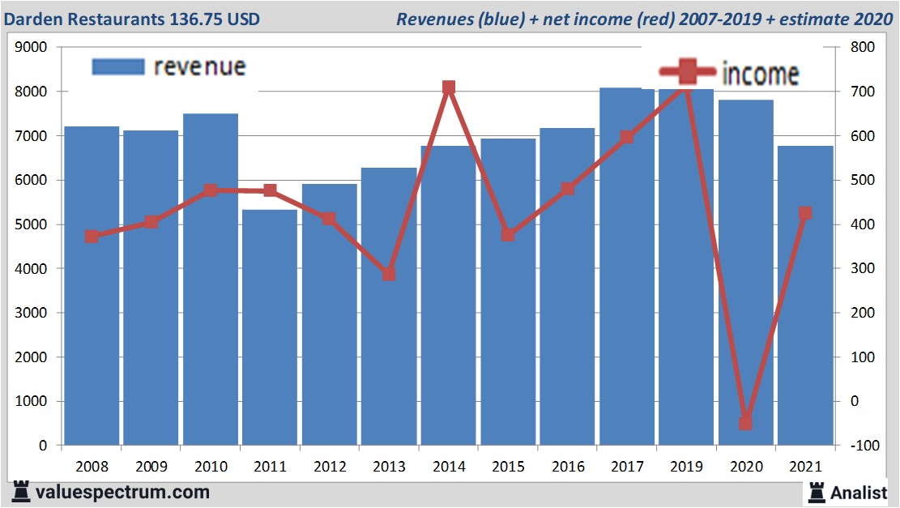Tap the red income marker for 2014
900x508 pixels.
click(449, 88)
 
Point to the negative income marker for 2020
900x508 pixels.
click(745, 423)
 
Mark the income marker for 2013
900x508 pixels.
click(389, 274)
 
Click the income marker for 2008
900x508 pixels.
click(92, 237)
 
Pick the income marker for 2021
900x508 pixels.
click(805, 214)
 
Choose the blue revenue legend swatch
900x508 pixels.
click(118, 66)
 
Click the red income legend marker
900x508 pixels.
click(687, 72)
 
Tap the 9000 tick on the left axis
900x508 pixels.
click(34, 48)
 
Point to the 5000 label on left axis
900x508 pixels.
click(34, 224)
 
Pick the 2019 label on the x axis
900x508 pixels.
click(687, 467)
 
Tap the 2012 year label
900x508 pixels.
click(330, 467)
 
